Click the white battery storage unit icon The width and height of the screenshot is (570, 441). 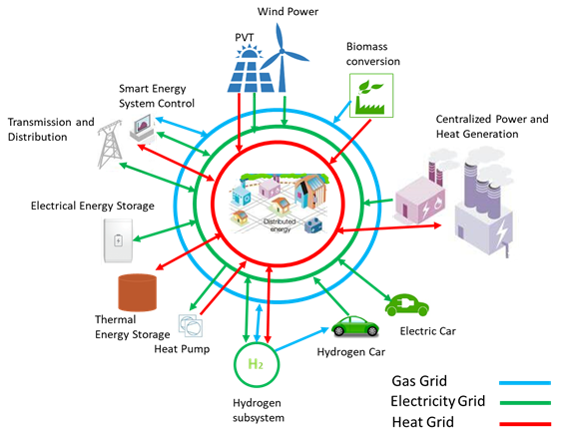click(x=118, y=238)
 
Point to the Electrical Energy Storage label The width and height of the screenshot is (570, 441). click(x=92, y=206)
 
